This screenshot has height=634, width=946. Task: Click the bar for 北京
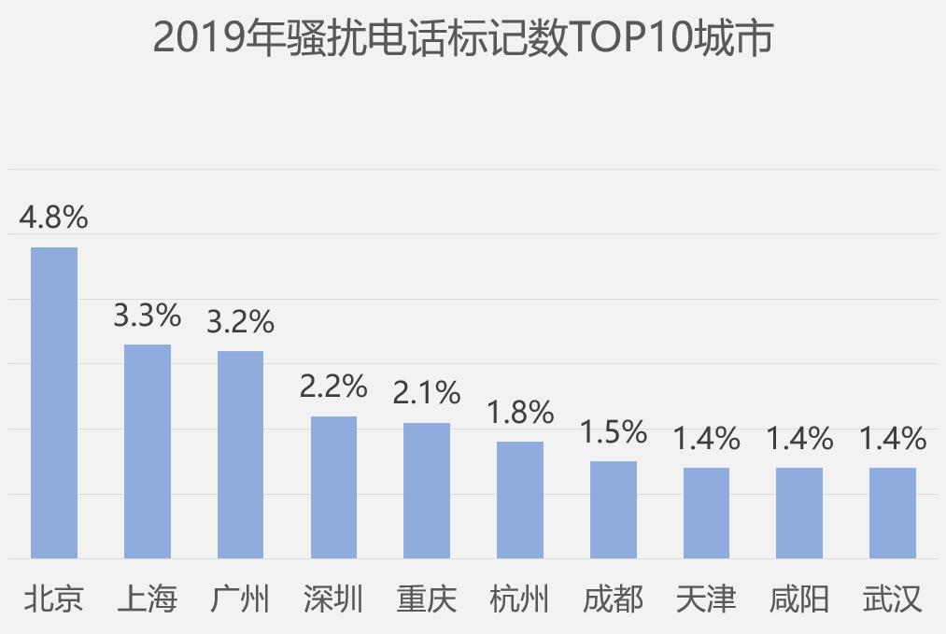tap(54, 402)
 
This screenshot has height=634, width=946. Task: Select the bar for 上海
tap(148, 451)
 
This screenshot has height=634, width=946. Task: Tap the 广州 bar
tap(240, 455)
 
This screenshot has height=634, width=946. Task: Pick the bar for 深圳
tap(333, 487)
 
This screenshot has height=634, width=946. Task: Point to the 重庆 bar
tap(427, 490)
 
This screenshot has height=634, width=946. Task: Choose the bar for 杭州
tap(520, 500)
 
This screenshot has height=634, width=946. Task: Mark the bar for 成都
tap(614, 510)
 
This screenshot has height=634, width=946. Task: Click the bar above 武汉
tap(893, 513)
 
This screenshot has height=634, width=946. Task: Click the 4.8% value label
tap(54, 218)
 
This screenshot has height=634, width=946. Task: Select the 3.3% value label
tap(148, 316)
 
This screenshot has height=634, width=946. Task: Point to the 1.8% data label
tap(520, 412)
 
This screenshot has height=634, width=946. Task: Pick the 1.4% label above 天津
tap(707, 438)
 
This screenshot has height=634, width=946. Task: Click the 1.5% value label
tap(614, 431)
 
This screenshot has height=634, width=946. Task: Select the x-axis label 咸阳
tap(799, 599)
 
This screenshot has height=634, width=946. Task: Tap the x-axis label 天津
tap(707, 599)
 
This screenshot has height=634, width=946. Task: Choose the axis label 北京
tap(54, 599)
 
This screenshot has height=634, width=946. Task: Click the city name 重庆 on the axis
tap(427, 599)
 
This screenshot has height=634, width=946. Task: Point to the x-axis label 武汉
tap(893, 599)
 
